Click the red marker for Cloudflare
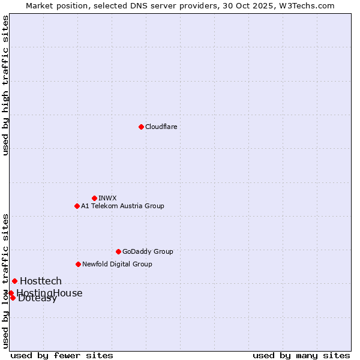pyautogui.click(x=141, y=127)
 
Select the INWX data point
pyautogui.click(x=94, y=198)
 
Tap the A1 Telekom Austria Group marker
pyautogui.click(x=77, y=206)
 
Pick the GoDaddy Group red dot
pyautogui.click(x=118, y=251)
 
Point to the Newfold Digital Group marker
pyautogui.click(x=78, y=264)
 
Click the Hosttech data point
pyautogui.click(x=14, y=281)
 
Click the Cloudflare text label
pyautogui.click(x=161, y=127)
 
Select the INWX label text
pyautogui.click(x=107, y=198)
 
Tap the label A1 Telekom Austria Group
pyautogui.click(x=122, y=206)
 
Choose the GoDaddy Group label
pyautogui.click(x=148, y=251)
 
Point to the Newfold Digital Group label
pyautogui.click(x=117, y=264)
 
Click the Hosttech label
pyautogui.click(x=41, y=281)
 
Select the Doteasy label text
pyautogui.click(x=38, y=299)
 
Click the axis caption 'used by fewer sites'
pyautogui.click(x=62, y=355)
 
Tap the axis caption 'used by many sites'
pyautogui.click(x=301, y=355)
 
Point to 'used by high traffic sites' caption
pyautogui.click(x=5, y=85)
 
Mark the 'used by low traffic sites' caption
pyautogui.click(x=5, y=281)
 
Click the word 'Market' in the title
pyautogui.click(x=39, y=5)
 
